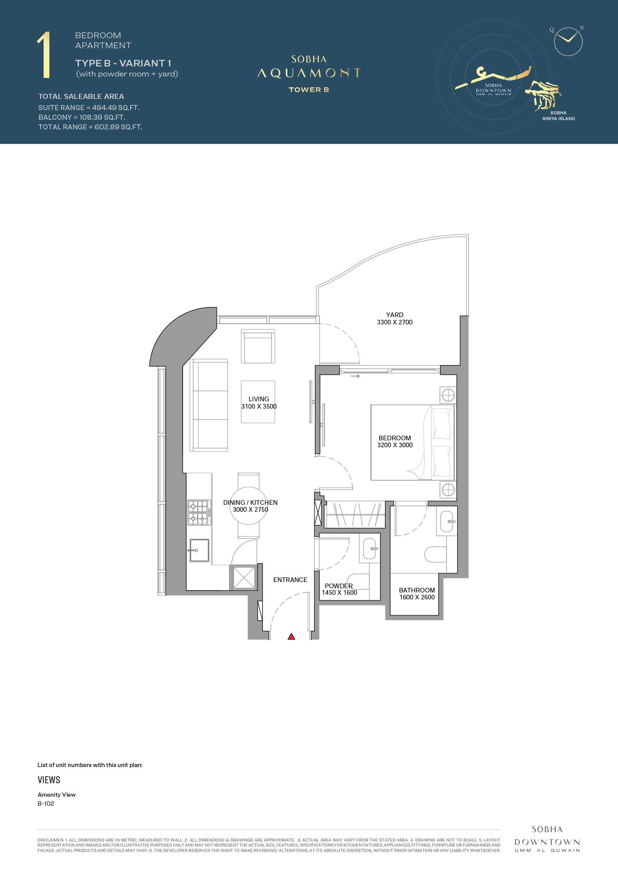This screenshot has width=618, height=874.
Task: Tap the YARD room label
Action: pyautogui.click(x=395, y=315)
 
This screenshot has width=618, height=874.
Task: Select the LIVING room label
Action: pyautogui.click(x=259, y=399)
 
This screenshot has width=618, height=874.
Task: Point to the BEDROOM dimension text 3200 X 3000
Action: pyautogui.click(x=395, y=445)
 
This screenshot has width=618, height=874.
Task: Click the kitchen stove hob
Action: pyautogui.click(x=199, y=513)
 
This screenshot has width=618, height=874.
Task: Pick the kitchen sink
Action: pyautogui.click(x=199, y=550)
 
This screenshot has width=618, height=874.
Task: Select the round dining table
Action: pyautogui.click(x=249, y=506)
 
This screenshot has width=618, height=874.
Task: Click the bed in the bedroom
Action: pyautogui.click(x=413, y=442)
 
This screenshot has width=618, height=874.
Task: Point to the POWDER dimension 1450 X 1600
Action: pyautogui.click(x=340, y=592)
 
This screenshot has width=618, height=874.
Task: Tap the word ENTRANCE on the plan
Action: pyautogui.click(x=290, y=580)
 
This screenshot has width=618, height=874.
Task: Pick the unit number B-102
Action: pyautogui.click(x=46, y=803)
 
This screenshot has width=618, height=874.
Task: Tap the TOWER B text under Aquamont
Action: pyautogui.click(x=309, y=90)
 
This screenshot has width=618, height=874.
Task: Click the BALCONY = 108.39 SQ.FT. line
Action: pyautogui.click(x=82, y=117)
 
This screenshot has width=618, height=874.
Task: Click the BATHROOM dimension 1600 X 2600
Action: pyautogui.click(x=417, y=597)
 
